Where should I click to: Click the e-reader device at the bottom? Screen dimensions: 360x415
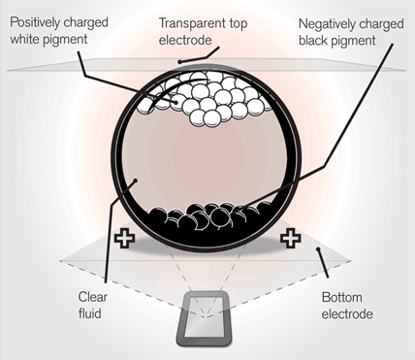pos(206,319)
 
